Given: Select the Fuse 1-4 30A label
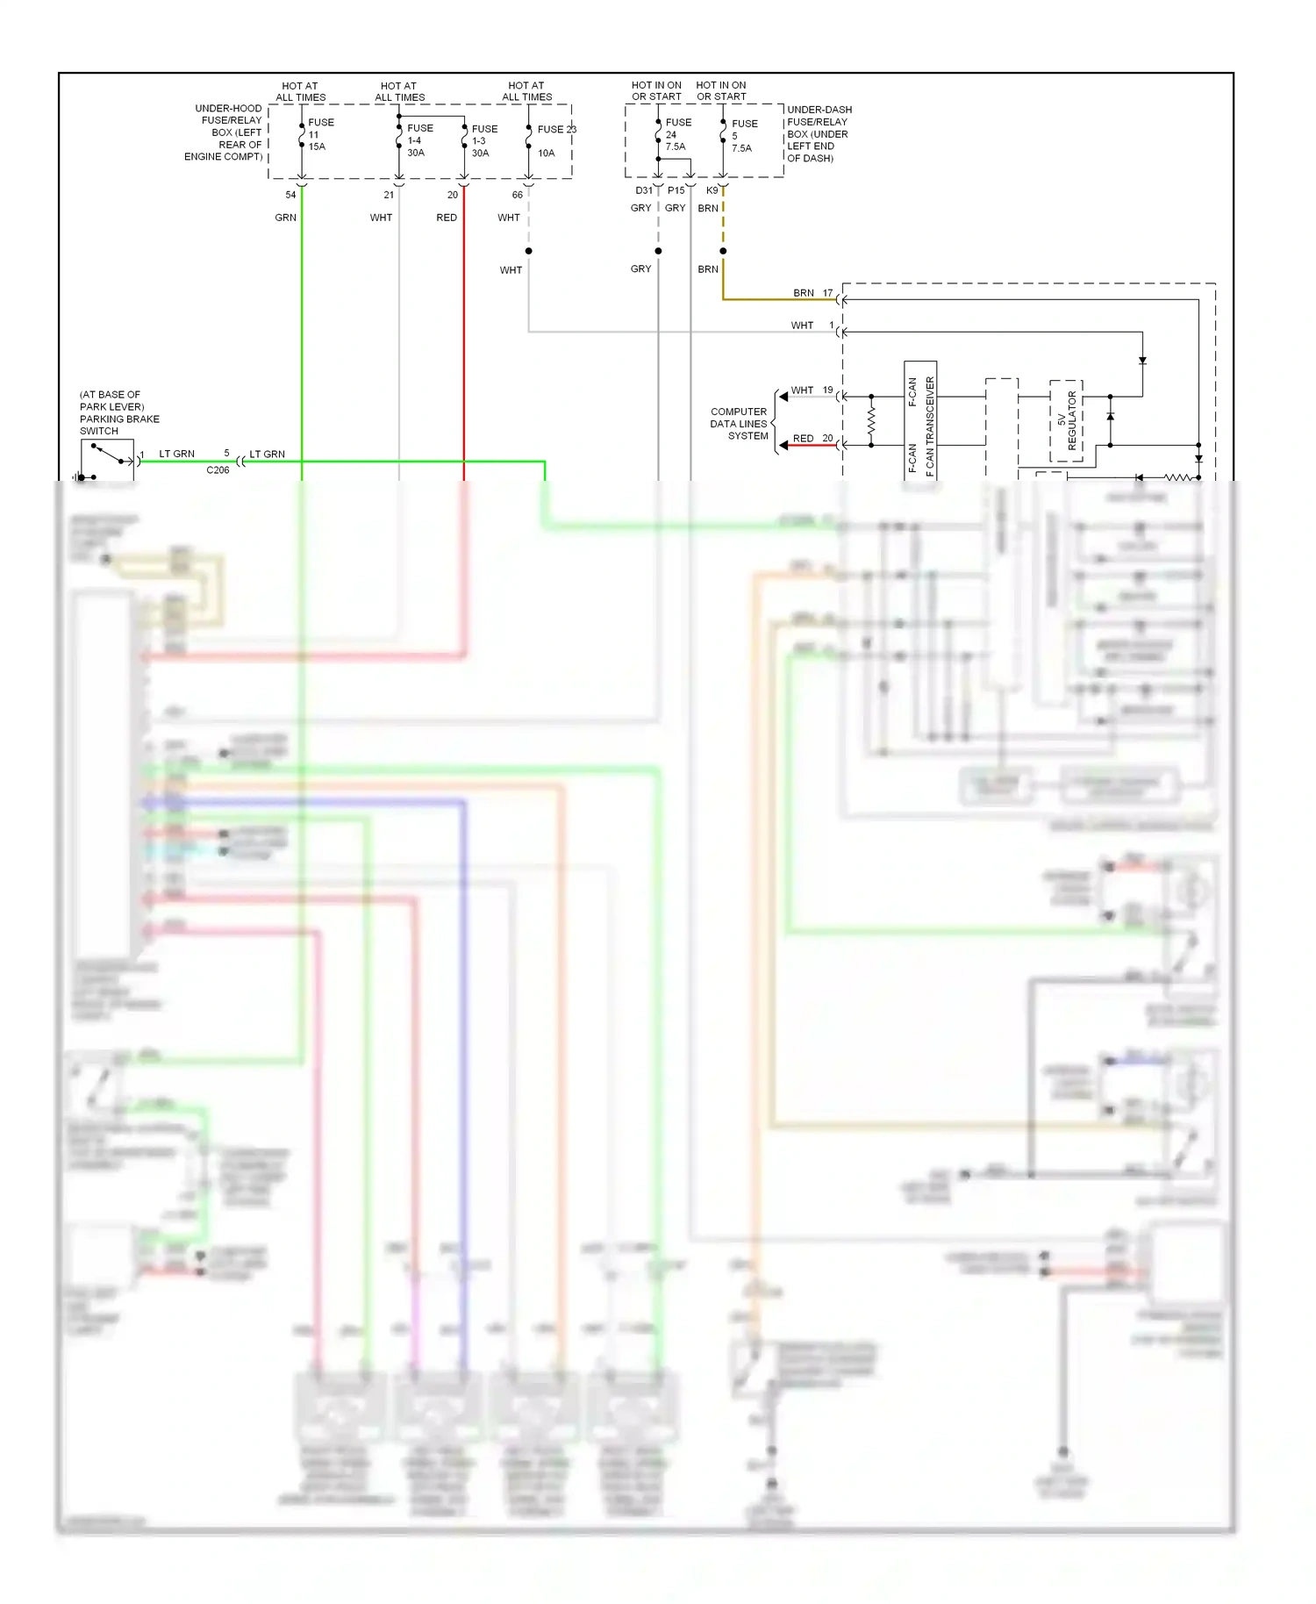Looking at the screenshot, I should (418, 140).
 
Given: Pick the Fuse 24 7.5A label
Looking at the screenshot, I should (676, 134).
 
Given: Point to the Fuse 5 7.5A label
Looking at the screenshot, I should (743, 136).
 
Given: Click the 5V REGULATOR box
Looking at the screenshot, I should (1066, 421).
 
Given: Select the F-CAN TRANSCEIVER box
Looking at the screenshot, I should (920, 421).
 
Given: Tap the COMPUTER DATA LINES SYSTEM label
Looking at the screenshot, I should (739, 424).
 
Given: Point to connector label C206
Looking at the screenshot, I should (218, 470).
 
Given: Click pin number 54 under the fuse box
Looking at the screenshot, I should (290, 195).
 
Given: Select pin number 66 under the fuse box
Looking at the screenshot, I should (518, 195).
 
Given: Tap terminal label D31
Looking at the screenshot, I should (643, 190).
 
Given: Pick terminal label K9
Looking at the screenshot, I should (712, 190).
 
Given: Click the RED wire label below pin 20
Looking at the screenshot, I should (447, 218).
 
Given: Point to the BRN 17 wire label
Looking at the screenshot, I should (812, 293).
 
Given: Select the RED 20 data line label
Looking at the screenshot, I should (812, 438).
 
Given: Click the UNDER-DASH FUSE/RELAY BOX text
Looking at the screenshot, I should (818, 134).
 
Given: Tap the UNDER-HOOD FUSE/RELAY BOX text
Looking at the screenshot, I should (225, 132).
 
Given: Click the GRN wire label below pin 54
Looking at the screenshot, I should (285, 218).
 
